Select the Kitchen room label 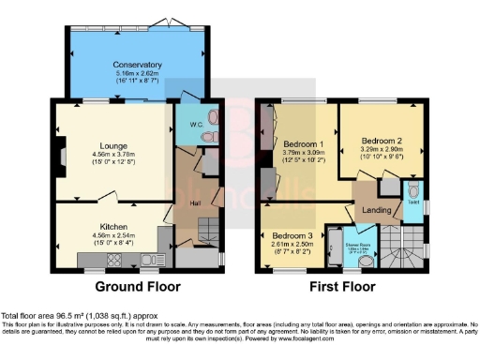(114, 227)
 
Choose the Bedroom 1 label (304, 144)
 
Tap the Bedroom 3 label (292, 234)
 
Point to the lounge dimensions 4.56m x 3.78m (114, 155)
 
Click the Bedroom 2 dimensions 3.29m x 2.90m (382, 148)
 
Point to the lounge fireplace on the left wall (59, 149)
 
